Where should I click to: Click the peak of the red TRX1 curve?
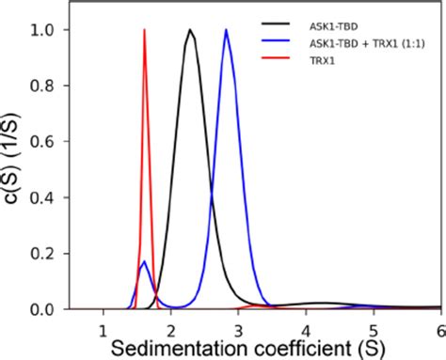(x=144, y=30)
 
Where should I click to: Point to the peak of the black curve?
(x=190, y=30)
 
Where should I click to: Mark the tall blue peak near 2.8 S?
(x=226, y=30)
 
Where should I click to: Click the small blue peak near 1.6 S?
(x=143, y=262)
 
